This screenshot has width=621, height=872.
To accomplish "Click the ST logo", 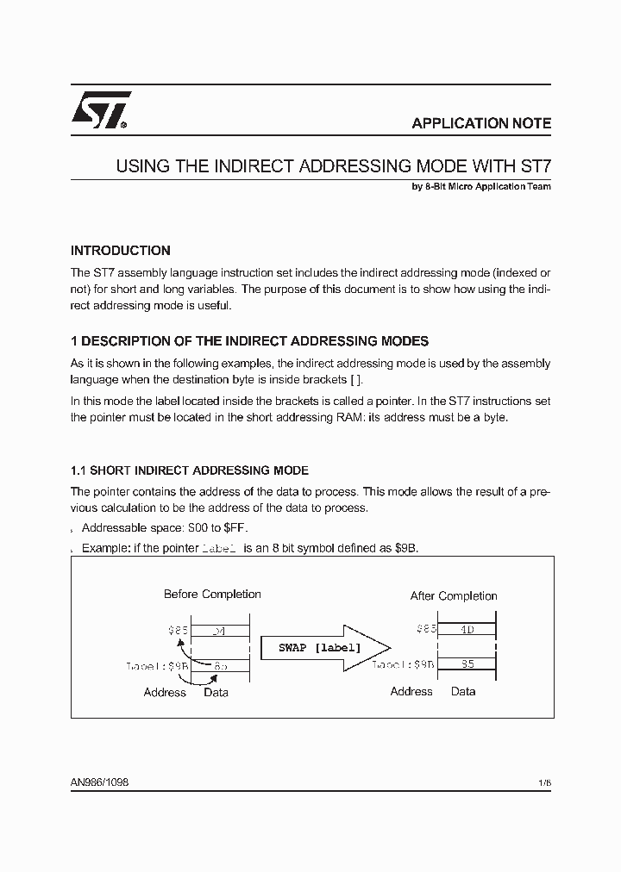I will (x=100, y=110).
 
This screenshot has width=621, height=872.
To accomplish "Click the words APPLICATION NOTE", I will (x=481, y=123).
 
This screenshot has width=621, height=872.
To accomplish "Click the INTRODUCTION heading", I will (x=120, y=251).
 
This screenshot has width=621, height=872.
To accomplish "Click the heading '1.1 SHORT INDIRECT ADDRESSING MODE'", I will (x=189, y=470).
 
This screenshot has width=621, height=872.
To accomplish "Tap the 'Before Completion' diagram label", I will (x=212, y=594).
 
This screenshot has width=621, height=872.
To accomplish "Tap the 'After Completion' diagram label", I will (x=454, y=595).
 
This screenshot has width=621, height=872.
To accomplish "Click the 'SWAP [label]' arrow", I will (x=322, y=647).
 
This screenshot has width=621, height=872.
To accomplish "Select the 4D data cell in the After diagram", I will (x=467, y=629).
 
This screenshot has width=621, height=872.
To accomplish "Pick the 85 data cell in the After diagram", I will (x=467, y=664).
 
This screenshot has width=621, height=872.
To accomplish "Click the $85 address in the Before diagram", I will (x=178, y=630).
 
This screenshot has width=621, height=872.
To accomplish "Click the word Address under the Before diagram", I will (x=165, y=692).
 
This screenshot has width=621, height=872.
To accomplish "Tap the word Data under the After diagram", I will (x=463, y=691).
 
